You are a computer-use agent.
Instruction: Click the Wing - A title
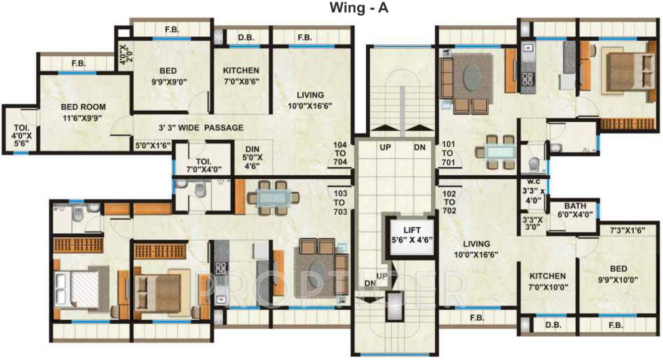click(359, 8)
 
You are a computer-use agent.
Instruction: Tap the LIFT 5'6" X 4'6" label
click(412, 235)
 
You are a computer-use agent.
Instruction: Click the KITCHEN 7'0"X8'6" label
click(241, 76)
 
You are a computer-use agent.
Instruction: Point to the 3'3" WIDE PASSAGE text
click(201, 128)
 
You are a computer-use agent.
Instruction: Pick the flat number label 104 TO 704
click(340, 153)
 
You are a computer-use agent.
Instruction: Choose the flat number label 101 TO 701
click(448, 153)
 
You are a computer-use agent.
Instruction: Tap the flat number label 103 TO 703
click(340, 203)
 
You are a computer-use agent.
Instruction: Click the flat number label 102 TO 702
click(449, 202)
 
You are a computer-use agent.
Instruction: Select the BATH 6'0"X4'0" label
click(575, 210)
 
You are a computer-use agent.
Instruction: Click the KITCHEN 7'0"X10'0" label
click(547, 281)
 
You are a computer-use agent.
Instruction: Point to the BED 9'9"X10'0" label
click(618, 274)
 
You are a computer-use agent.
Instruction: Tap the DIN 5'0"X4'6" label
click(253, 157)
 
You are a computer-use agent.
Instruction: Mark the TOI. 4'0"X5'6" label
click(22, 135)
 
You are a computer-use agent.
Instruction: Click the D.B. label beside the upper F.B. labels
click(246, 38)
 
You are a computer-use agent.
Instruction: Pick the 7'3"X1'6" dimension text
click(627, 230)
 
